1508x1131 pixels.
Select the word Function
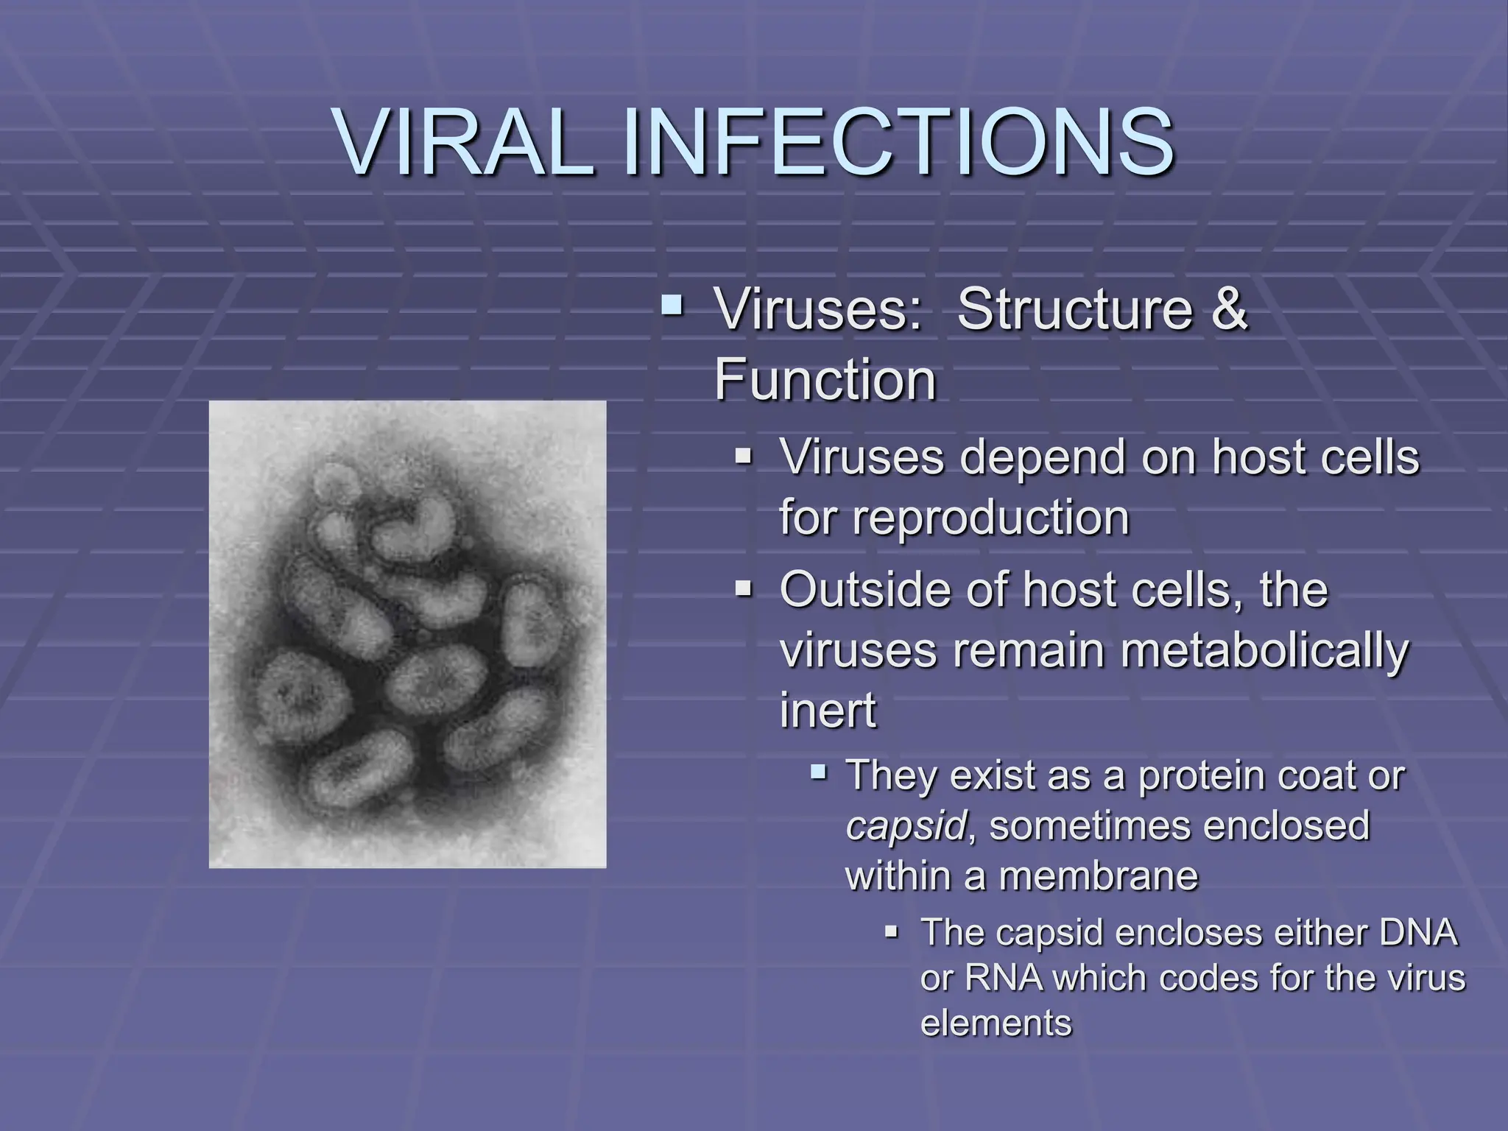click(x=825, y=379)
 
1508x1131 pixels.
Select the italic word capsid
click(x=905, y=825)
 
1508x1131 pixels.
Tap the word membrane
click(x=1099, y=875)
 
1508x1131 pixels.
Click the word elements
click(x=996, y=1023)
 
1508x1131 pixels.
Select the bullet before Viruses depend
click(x=744, y=457)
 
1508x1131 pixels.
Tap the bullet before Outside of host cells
click(x=744, y=589)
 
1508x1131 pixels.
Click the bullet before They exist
click(x=818, y=772)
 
